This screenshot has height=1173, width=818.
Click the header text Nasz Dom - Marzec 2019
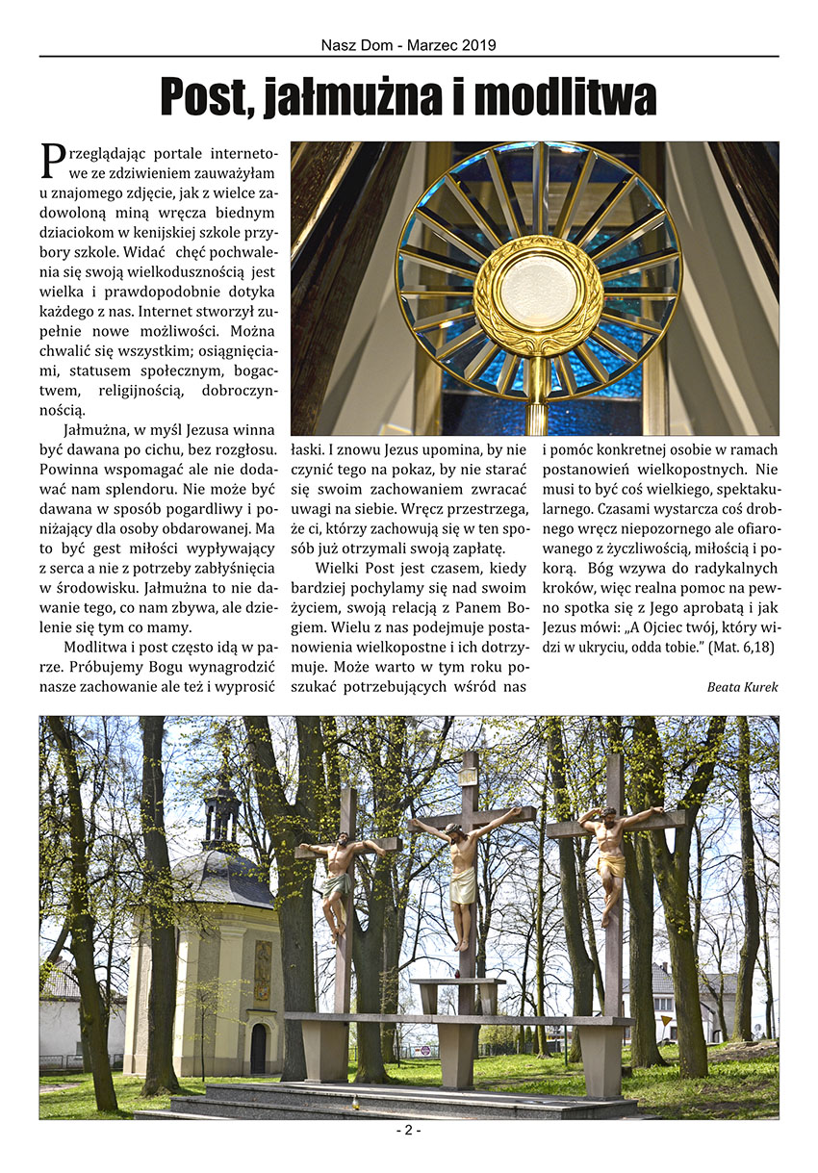click(x=409, y=44)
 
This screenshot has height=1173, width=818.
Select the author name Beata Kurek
click(x=742, y=686)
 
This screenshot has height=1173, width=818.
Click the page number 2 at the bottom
click(x=408, y=1131)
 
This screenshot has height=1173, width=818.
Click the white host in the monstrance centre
click(x=538, y=290)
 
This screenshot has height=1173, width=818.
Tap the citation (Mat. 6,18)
click(x=743, y=648)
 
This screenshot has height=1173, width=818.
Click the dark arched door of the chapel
click(x=258, y=1048)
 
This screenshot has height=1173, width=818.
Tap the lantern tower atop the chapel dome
click(x=221, y=813)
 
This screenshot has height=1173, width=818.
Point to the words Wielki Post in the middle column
click(x=364, y=568)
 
